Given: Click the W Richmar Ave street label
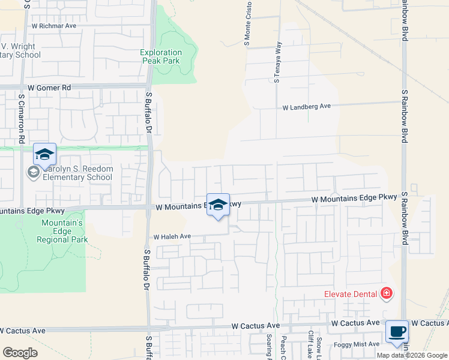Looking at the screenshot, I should (x=54, y=26).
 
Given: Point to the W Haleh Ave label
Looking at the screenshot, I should (x=172, y=237).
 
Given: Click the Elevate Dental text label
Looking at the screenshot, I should (x=351, y=293).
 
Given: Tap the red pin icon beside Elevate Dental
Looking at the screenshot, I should (x=387, y=293).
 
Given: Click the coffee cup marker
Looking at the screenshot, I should (x=397, y=332).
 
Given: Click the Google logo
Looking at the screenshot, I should (x=20, y=352).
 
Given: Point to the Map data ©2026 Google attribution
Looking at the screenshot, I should (x=412, y=355).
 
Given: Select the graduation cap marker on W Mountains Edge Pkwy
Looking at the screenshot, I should (x=218, y=205).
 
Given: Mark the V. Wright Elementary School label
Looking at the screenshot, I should (x=20, y=50).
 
